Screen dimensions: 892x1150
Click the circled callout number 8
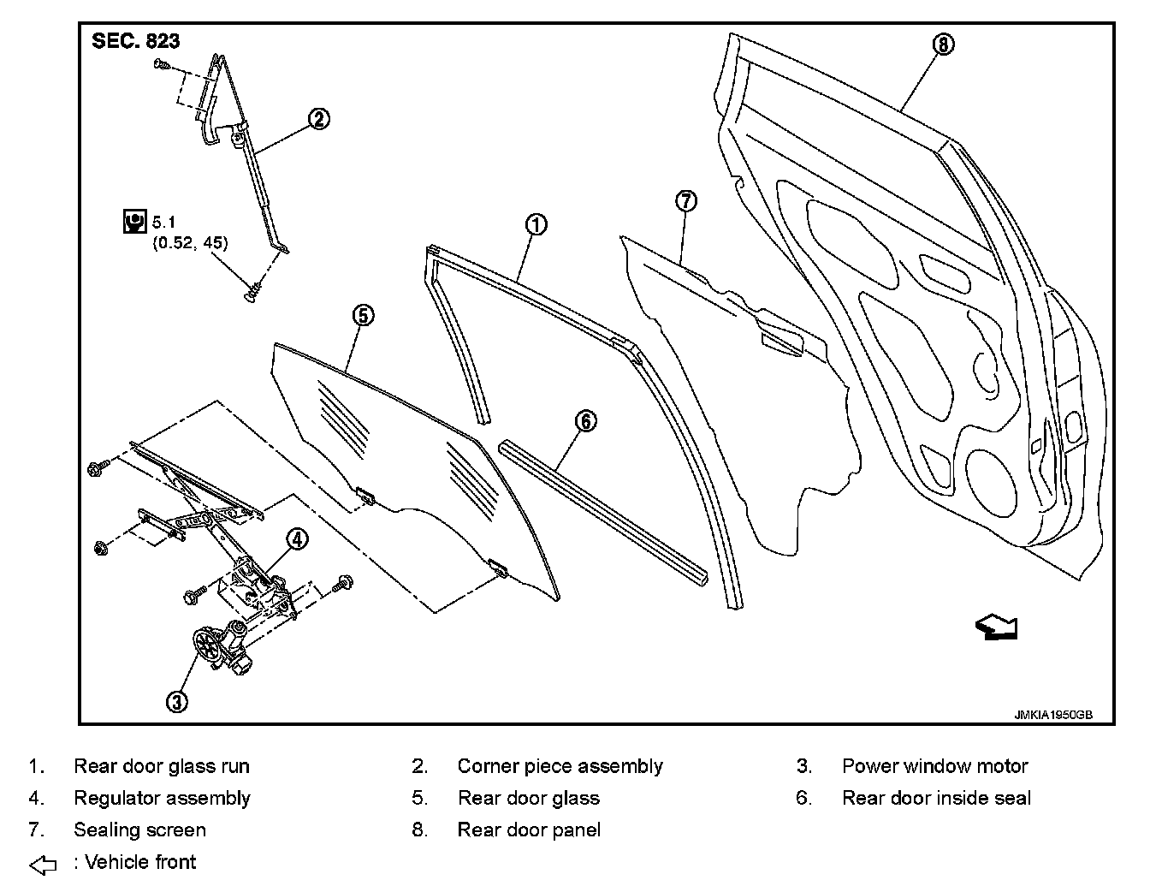click(942, 45)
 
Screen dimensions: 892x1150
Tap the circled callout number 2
click(317, 119)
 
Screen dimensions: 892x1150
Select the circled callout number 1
click(536, 225)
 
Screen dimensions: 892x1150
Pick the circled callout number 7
click(686, 201)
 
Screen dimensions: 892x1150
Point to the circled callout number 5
click(362, 316)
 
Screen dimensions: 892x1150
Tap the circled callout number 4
click(296, 538)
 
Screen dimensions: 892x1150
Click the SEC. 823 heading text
click(136, 41)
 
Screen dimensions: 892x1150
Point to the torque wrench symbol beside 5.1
click(134, 221)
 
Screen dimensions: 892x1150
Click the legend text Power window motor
click(934, 766)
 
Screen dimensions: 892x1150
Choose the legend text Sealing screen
click(139, 830)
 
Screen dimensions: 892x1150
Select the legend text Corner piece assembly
click(560, 766)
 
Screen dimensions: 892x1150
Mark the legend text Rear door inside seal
click(936, 798)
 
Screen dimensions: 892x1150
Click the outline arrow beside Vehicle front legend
click(43, 865)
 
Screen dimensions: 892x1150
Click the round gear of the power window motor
click(205, 645)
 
